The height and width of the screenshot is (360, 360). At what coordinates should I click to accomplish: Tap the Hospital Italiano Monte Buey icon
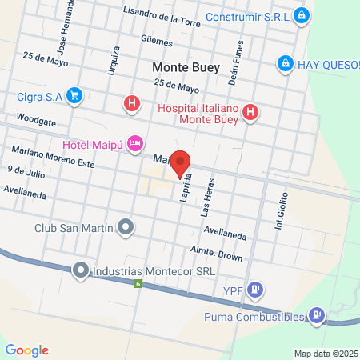250,112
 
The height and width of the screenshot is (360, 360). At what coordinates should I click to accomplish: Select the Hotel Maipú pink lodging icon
136,144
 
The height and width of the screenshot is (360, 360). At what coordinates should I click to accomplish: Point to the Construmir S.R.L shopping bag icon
300,15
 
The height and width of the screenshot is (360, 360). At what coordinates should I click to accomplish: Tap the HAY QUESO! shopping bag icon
284,63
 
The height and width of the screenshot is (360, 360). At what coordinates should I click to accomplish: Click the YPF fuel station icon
254,290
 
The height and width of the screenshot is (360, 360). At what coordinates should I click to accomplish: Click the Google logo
26,350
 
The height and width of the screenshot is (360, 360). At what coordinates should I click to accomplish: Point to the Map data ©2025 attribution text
325,354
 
